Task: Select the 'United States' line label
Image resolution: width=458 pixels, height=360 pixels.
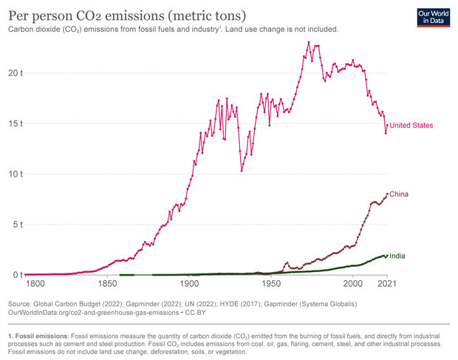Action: [x=411, y=126]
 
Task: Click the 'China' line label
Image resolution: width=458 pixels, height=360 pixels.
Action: [x=400, y=194]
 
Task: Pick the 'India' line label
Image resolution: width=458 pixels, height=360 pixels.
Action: [x=397, y=257]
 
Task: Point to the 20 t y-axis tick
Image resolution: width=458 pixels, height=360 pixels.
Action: [x=15, y=73]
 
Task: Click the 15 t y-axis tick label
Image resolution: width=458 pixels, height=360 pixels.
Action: [x=15, y=123]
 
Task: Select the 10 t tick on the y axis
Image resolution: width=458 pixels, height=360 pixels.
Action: [x=15, y=174]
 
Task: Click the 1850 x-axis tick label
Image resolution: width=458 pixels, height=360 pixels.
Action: [x=108, y=284]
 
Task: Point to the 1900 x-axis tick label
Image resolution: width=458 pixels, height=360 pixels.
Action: [x=190, y=284]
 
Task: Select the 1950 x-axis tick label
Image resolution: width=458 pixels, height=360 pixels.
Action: [x=272, y=284]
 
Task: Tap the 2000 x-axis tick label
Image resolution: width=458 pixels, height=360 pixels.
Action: [x=353, y=284]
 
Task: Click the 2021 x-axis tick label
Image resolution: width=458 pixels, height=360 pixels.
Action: [x=388, y=284]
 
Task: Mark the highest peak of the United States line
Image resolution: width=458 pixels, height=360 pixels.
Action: [x=309, y=42]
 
